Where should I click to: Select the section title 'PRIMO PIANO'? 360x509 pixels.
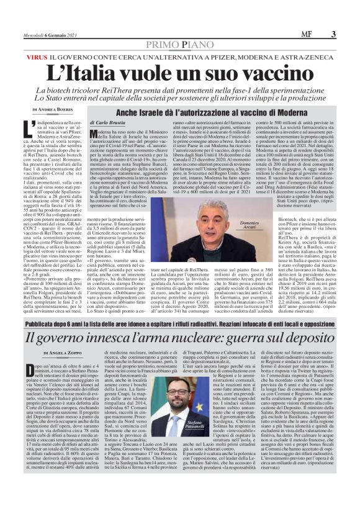coord(179,45)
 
